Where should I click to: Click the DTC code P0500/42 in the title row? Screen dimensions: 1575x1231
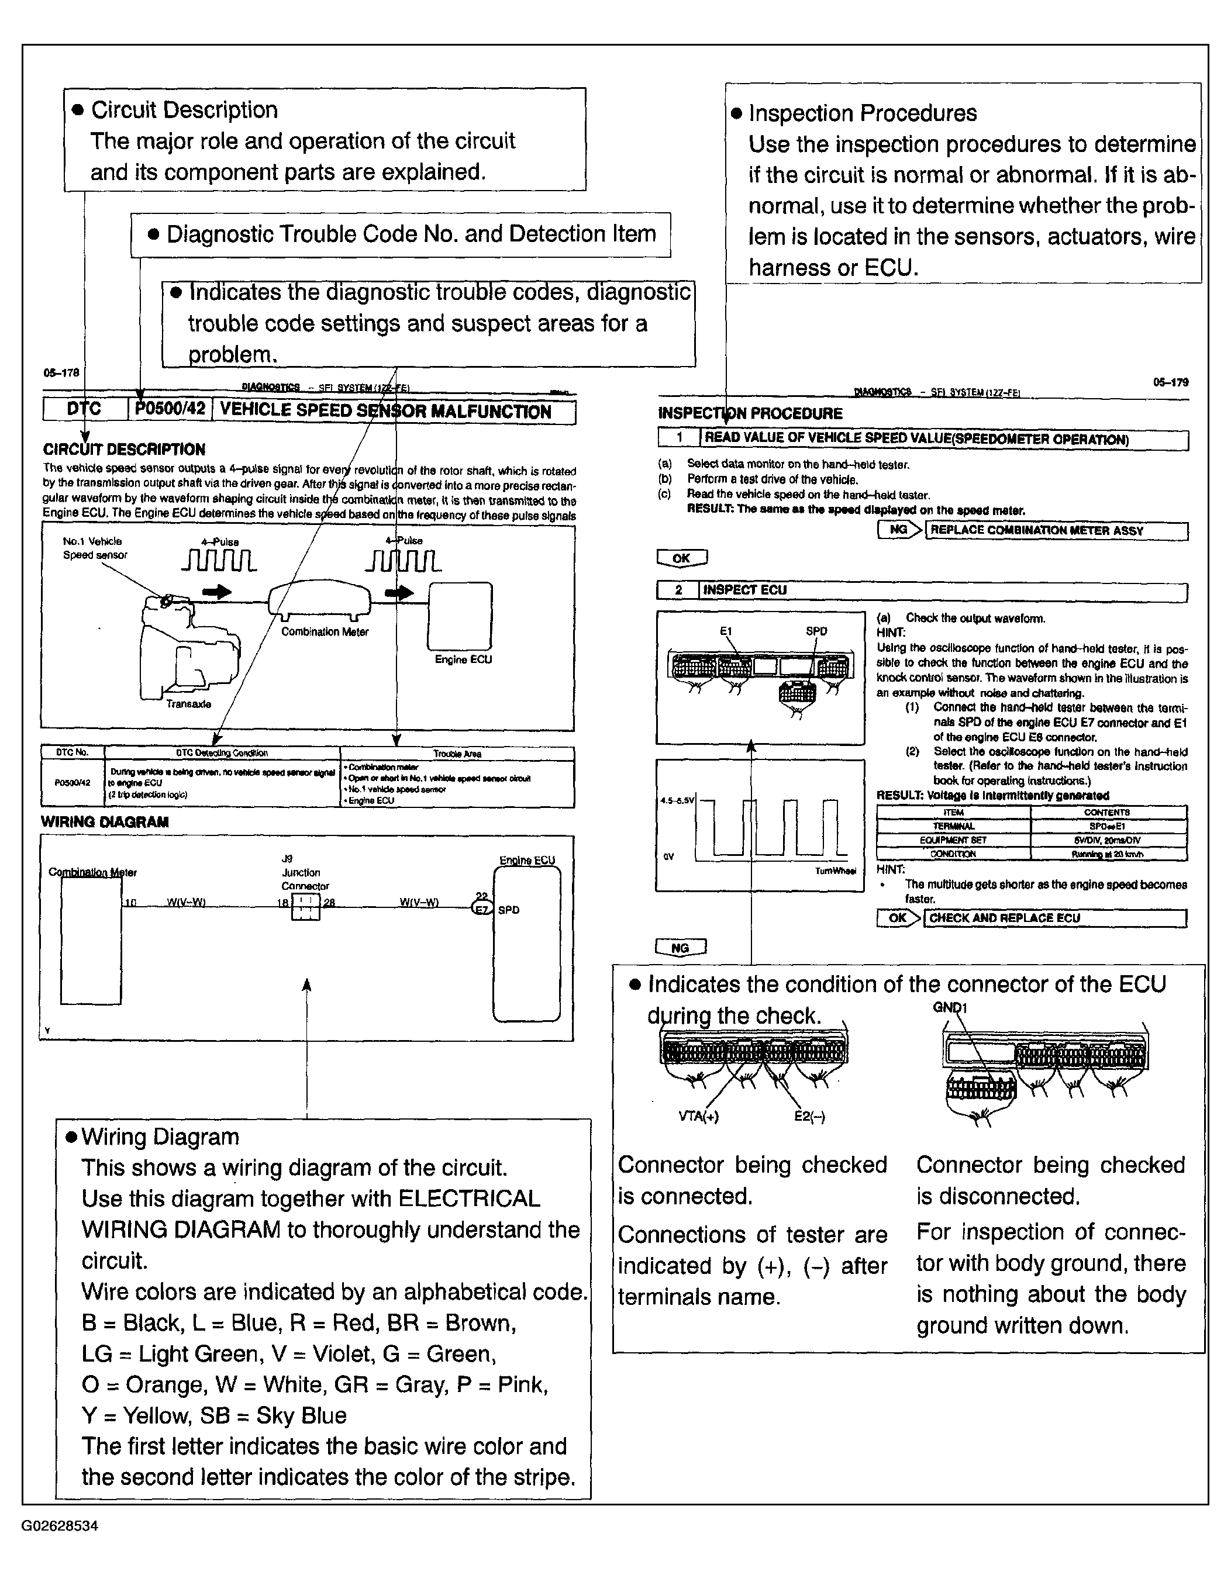(x=170, y=410)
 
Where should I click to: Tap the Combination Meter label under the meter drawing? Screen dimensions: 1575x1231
(x=325, y=633)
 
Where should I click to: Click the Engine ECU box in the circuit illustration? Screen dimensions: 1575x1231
(x=460, y=617)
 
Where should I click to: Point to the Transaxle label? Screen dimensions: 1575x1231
(x=188, y=704)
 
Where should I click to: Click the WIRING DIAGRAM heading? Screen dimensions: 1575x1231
(x=105, y=822)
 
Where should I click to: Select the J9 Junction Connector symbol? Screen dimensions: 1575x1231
(x=306, y=907)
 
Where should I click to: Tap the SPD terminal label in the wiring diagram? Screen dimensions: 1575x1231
(x=508, y=910)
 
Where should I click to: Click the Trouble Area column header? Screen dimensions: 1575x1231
(x=457, y=754)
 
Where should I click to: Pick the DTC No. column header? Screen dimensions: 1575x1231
(x=72, y=753)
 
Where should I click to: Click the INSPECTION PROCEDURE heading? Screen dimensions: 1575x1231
(x=750, y=414)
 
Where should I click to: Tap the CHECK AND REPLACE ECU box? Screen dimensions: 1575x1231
(x=1054, y=918)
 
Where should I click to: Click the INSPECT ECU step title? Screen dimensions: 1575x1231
(x=745, y=590)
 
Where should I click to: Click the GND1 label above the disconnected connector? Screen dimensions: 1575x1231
(x=949, y=1007)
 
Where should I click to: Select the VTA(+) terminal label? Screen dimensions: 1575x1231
(x=699, y=1116)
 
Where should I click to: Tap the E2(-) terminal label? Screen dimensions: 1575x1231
(x=809, y=1116)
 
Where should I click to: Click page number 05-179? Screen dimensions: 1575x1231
(x=1170, y=383)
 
